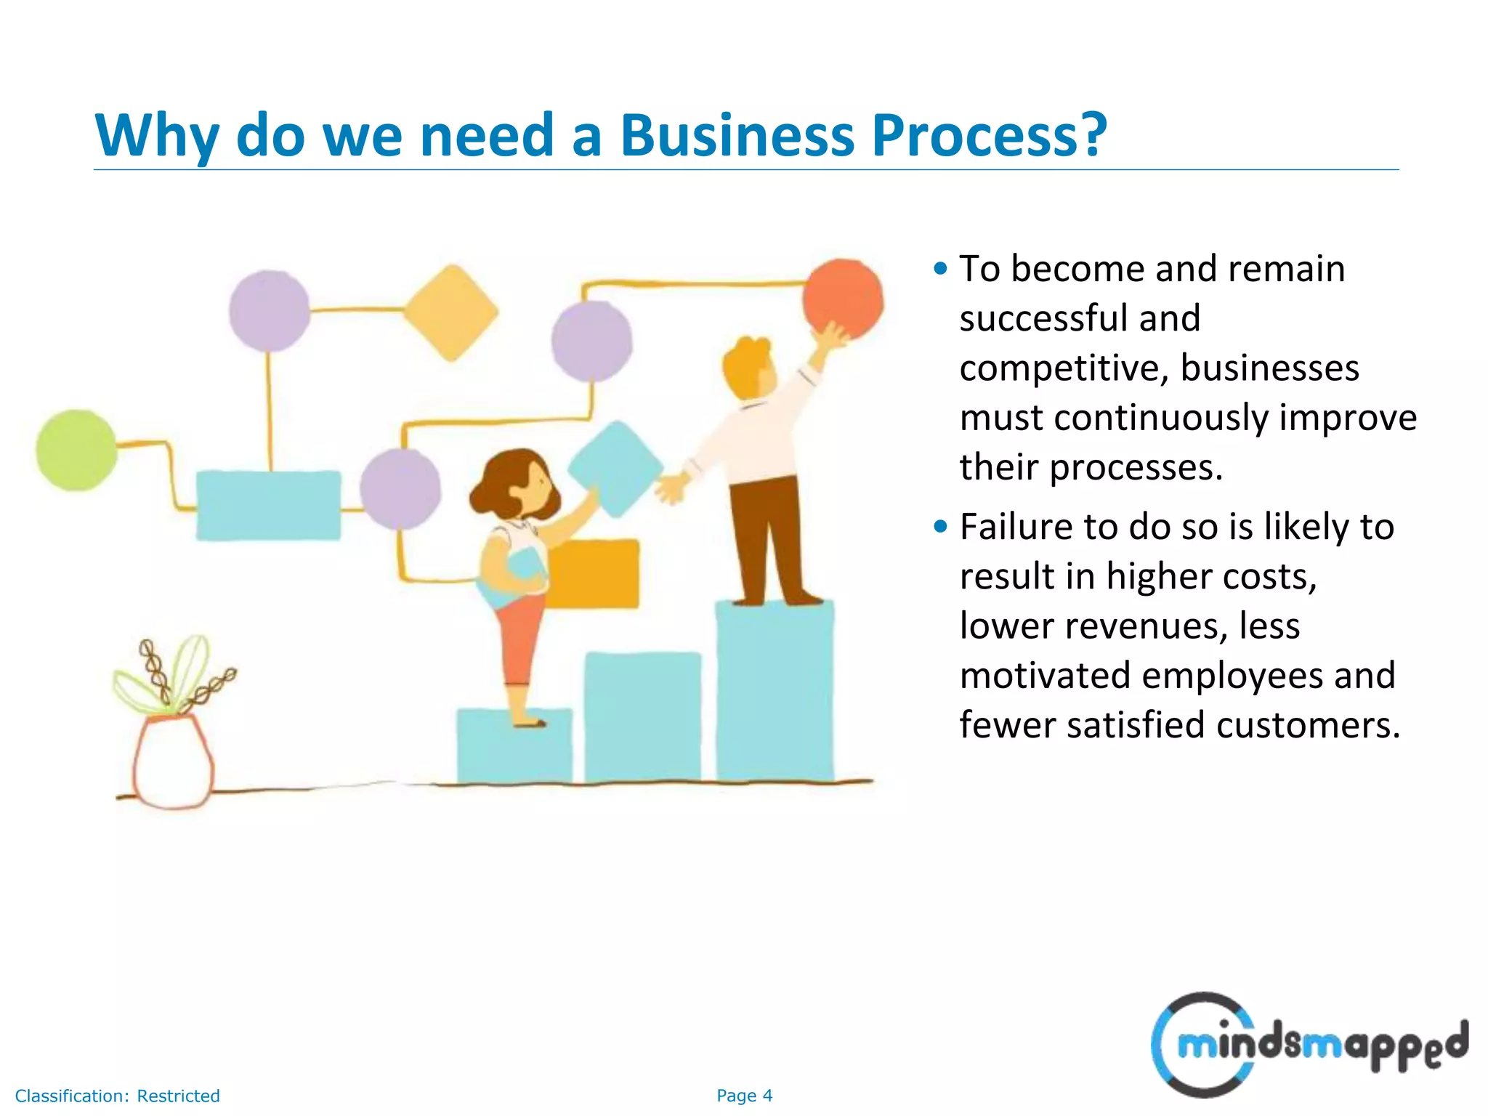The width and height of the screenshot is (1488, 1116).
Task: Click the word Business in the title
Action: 736,136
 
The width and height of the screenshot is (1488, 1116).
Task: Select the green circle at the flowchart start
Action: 76,450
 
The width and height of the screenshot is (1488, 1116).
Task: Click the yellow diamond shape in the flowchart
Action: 451,312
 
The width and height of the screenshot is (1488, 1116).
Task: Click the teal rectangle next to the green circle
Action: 268,505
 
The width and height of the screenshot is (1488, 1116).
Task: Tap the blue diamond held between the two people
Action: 615,468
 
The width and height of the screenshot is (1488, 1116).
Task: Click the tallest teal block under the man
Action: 775,690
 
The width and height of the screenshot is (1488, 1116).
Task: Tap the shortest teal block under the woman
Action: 514,748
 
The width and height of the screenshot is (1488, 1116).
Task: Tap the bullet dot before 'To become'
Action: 941,269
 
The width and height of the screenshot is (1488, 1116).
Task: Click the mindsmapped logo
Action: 1308,1044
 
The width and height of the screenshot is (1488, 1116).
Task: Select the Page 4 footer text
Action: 744,1096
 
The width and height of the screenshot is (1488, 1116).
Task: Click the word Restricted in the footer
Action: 178,1096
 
